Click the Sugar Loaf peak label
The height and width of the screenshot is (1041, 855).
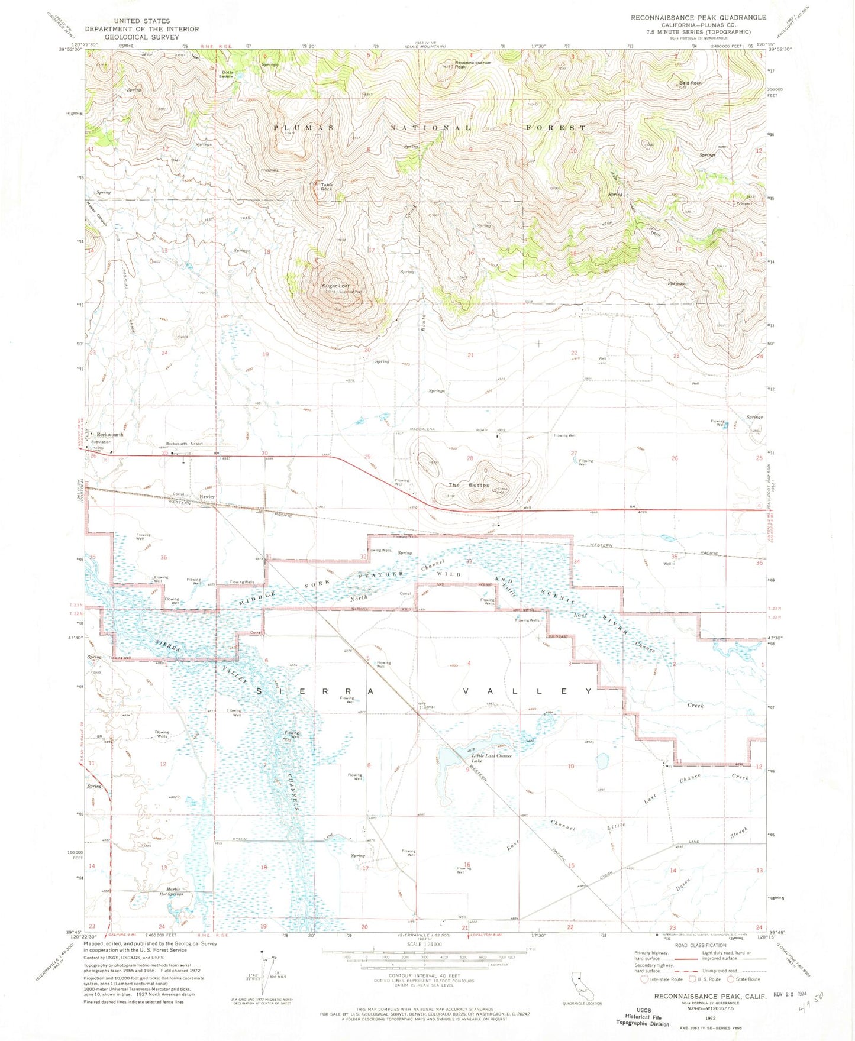click(335, 286)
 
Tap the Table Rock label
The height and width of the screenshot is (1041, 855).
click(327, 187)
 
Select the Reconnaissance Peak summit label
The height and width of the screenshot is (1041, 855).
click(472, 64)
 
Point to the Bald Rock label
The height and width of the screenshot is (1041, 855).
click(690, 83)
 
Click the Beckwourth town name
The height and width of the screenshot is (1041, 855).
click(110, 434)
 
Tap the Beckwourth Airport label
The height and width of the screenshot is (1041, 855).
click(184, 443)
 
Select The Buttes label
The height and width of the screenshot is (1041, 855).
click(469, 484)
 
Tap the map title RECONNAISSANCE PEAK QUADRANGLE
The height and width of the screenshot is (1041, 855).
click(698, 18)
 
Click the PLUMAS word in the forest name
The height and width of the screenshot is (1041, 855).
click(303, 128)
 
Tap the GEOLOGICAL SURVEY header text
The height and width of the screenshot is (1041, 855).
click(142, 36)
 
